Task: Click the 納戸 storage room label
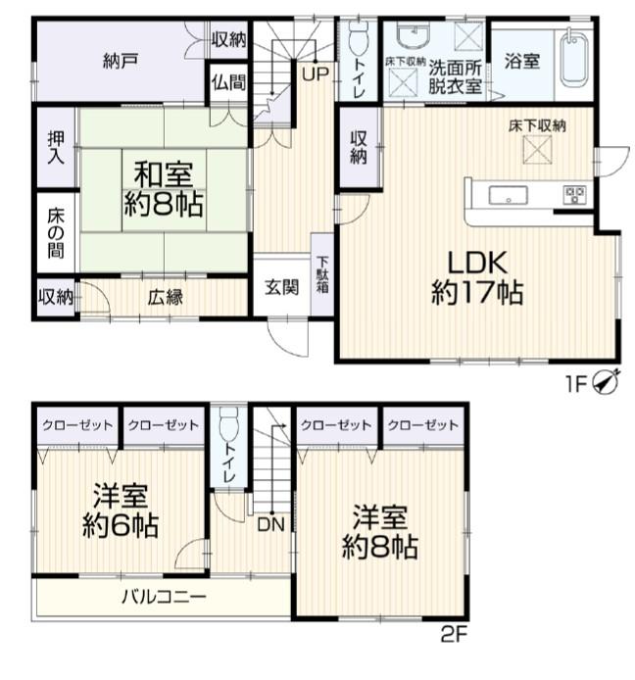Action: click(x=121, y=61)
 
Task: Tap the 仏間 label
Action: click(x=228, y=82)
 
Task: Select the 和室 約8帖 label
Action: click(x=164, y=189)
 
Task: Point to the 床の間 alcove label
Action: click(x=56, y=233)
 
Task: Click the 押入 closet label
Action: click(x=56, y=148)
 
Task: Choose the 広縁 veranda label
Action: click(x=165, y=297)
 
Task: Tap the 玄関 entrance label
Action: click(x=281, y=287)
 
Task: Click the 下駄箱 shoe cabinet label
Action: click(x=322, y=274)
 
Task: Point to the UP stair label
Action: click(x=316, y=74)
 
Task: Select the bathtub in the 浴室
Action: click(x=573, y=61)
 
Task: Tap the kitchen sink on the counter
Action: click(x=508, y=195)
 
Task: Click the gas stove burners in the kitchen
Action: click(x=574, y=195)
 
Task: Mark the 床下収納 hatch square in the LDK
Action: click(x=537, y=150)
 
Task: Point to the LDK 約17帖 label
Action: click(x=477, y=277)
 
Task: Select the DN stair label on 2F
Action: click(x=270, y=525)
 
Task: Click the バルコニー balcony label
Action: click(x=164, y=597)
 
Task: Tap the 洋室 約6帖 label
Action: click(x=121, y=510)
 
